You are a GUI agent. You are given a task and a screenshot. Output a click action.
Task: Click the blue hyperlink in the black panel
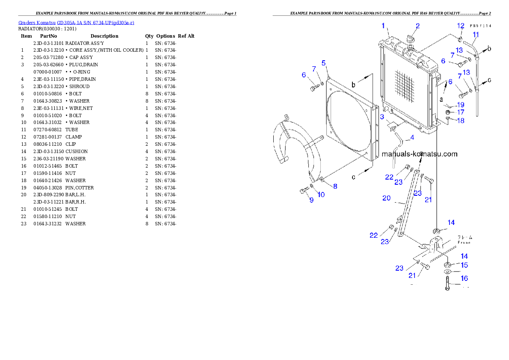(76, 22)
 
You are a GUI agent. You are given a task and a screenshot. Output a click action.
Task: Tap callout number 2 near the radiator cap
(418, 26)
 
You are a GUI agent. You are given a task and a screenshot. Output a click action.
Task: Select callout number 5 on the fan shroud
(324, 63)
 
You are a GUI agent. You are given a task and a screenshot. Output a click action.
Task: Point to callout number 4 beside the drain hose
(412, 137)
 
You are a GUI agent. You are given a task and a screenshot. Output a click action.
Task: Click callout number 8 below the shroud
(335, 186)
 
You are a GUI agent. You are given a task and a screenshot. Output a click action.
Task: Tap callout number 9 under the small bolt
(311, 200)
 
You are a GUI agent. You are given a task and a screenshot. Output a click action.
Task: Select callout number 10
(321, 195)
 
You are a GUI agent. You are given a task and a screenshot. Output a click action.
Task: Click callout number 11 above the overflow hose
(476, 34)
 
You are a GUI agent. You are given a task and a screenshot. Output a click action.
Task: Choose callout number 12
(461, 26)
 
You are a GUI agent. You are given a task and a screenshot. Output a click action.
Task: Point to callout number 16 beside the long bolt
(464, 278)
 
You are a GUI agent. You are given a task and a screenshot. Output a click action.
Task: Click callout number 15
(464, 265)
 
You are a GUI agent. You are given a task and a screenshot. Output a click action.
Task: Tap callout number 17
(460, 112)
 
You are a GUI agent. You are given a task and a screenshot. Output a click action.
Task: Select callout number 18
(460, 121)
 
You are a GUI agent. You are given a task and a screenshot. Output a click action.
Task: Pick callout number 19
(460, 104)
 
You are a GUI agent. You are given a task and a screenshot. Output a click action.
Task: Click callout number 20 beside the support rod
(386, 198)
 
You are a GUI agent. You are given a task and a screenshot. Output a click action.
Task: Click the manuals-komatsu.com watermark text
(419, 154)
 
